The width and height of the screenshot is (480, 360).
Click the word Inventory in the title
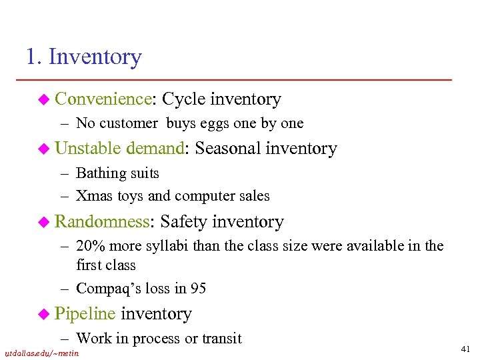(x=95, y=57)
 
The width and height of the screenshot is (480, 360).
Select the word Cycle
(x=184, y=99)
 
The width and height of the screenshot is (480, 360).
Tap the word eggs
(x=219, y=123)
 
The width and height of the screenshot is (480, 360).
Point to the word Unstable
(x=88, y=149)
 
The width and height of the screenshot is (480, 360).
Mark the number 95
(x=198, y=289)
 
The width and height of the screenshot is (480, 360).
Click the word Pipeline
(x=85, y=313)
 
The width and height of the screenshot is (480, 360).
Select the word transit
(x=220, y=338)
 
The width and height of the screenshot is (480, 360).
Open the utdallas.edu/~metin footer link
(x=41, y=353)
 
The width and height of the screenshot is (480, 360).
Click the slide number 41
(x=465, y=349)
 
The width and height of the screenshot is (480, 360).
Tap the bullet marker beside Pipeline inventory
(x=45, y=313)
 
